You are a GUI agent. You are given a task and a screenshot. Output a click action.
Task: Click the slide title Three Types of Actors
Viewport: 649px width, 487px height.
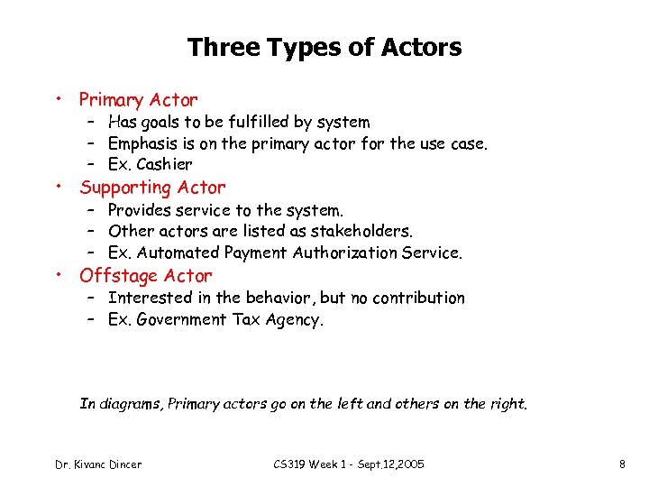point(324,47)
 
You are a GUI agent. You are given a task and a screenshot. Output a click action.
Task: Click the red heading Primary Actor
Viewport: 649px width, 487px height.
point(138,100)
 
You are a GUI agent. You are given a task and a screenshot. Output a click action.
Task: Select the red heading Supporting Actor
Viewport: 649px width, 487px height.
point(152,188)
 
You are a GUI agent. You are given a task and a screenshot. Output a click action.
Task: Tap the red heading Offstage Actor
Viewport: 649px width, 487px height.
point(146,276)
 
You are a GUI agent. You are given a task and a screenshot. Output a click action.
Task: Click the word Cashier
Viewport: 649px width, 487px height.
point(165,165)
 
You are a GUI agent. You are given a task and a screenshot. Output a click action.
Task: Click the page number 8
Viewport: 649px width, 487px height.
point(622,464)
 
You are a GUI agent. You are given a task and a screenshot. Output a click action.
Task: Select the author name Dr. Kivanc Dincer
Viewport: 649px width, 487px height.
point(98,464)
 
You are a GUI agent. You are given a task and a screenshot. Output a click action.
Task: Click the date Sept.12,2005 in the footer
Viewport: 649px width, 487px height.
point(387,464)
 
